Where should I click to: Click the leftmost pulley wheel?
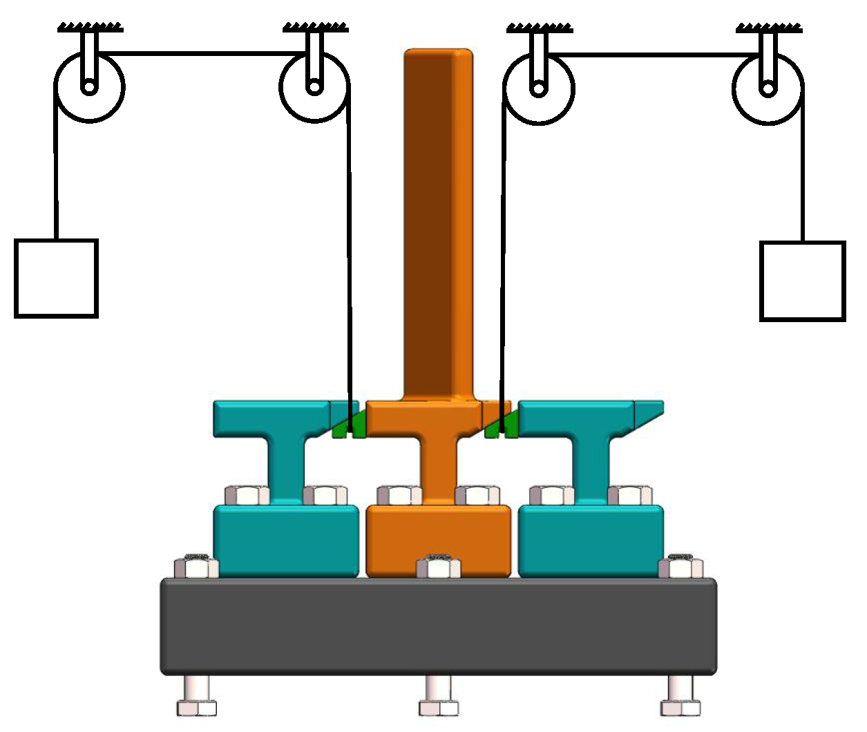[x=89, y=88]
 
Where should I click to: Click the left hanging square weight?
[x=56, y=279]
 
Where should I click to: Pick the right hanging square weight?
[x=802, y=281]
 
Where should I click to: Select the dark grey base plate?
[x=438, y=626]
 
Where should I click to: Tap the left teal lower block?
[x=285, y=539]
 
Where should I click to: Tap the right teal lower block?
[x=591, y=539]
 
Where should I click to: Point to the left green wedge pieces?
[x=349, y=425]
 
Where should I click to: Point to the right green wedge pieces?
[x=502, y=425]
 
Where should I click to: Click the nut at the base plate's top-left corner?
[x=196, y=567]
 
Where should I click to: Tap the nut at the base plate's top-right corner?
[x=680, y=567]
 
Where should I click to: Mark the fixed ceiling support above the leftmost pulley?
[x=90, y=28]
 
